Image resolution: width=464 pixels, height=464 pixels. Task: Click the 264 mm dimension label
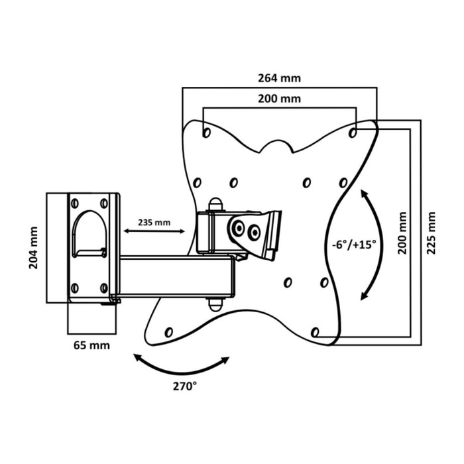278,78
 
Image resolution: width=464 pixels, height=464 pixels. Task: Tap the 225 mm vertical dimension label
432,233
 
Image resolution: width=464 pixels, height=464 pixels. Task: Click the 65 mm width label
91,345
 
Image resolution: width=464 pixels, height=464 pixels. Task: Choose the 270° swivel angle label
185,384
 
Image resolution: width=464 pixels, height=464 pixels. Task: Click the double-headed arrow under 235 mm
155,231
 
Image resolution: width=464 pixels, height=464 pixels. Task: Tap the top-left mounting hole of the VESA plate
206,133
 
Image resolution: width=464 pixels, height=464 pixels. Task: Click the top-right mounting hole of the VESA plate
353,133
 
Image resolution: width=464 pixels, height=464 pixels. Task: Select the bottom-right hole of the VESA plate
316,331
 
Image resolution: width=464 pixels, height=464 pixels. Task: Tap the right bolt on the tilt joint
253,232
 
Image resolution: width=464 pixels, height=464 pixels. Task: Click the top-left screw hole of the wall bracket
74,202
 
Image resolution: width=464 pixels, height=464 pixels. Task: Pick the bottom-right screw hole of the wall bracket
103,288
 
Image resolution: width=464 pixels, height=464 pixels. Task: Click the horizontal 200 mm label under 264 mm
278,99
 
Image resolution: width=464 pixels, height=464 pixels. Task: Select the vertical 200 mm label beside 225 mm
402,233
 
